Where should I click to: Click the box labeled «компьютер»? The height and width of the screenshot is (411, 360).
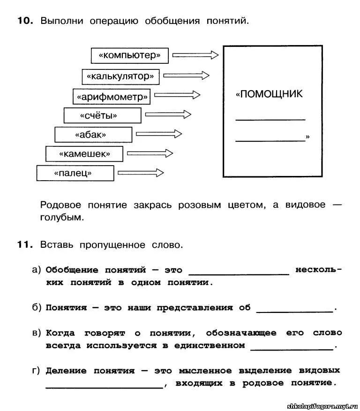tap(129, 55)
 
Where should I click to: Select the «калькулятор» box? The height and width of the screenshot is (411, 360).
tap(120, 76)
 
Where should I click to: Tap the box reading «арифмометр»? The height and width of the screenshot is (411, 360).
tap(112, 97)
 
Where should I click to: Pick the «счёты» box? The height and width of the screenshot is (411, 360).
tap(102, 115)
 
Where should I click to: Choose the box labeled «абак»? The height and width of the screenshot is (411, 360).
tap(93, 135)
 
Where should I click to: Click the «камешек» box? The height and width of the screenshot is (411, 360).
tap(84, 154)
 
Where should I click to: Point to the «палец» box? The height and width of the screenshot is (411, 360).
tap(75, 173)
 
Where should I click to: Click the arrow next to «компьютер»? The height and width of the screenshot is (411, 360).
tap(195, 55)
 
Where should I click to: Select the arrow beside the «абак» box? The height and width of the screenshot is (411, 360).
tap(159, 134)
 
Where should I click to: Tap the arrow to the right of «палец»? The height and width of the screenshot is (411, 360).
tap(140, 173)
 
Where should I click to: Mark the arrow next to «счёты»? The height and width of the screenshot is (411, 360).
tap(168, 114)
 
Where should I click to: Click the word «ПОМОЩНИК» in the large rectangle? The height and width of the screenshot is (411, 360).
tap(270, 94)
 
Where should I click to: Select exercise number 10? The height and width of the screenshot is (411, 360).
tap(25, 21)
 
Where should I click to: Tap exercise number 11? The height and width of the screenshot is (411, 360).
tap(25, 244)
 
